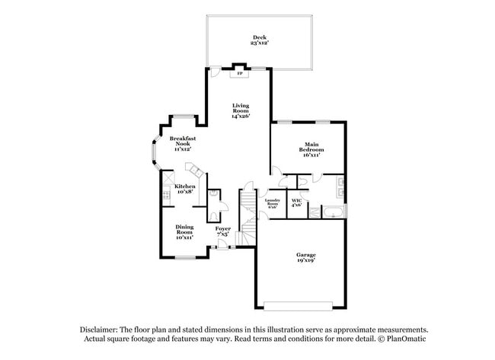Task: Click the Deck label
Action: click(260, 37)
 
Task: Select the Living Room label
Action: click(241, 108)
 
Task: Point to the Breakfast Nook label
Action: click(182, 141)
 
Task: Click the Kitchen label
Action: click(185, 186)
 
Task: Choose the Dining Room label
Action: click(184, 229)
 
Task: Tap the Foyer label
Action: click(222, 228)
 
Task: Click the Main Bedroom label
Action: click(311, 145)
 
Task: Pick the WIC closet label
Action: click(297, 201)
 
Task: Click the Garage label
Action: click(306, 254)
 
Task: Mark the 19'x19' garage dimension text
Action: click(306, 260)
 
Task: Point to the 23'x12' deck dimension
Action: click(260, 43)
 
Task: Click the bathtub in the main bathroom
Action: click(332, 210)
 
